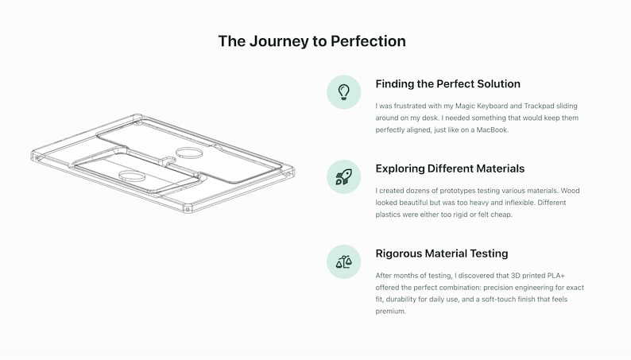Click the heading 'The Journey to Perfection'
pos(312,41)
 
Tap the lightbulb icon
pos(343,92)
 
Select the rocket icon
pos(343,177)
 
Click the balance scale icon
pos(343,262)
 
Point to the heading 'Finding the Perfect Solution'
pos(448,84)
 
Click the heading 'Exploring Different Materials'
pos(450,168)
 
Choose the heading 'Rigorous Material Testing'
pos(442,254)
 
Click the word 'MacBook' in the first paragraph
pos(492,130)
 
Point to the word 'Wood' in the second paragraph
pos(571,191)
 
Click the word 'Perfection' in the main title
pos(368,41)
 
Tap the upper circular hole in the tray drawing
pos(189,153)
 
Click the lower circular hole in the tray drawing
pos(132,176)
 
